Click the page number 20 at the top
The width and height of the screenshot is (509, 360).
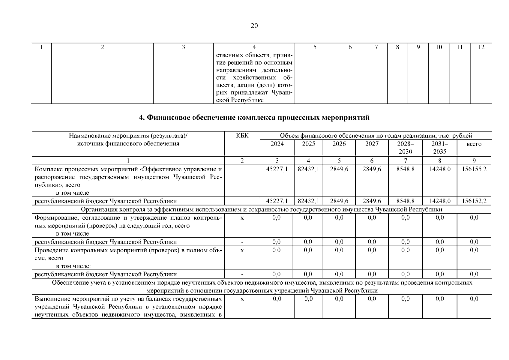click(x=254, y=26)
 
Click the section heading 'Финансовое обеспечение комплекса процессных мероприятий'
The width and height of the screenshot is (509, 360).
click(x=254, y=118)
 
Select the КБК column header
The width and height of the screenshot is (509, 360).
click(x=242, y=136)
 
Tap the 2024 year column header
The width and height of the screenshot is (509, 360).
click(x=277, y=144)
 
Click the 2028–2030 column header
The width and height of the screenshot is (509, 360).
click(x=405, y=148)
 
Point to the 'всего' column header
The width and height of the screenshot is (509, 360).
click(x=474, y=144)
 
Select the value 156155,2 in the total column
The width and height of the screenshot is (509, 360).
click(x=474, y=169)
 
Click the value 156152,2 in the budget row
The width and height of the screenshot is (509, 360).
click(x=474, y=201)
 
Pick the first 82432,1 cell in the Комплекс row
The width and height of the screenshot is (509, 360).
click(x=308, y=169)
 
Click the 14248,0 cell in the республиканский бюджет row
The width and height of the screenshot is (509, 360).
click(x=440, y=201)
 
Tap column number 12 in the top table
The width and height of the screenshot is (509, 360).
click(x=481, y=47)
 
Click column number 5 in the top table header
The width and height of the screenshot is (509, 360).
click(x=315, y=47)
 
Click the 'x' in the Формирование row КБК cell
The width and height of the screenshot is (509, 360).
click(x=242, y=218)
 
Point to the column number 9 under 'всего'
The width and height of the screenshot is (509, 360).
click(x=474, y=161)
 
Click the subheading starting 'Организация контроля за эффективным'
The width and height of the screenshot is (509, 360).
click(x=262, y=209)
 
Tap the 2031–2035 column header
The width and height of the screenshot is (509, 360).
click(x=440, y=148)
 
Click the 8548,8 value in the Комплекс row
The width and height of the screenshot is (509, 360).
click(x=405, y=169)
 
